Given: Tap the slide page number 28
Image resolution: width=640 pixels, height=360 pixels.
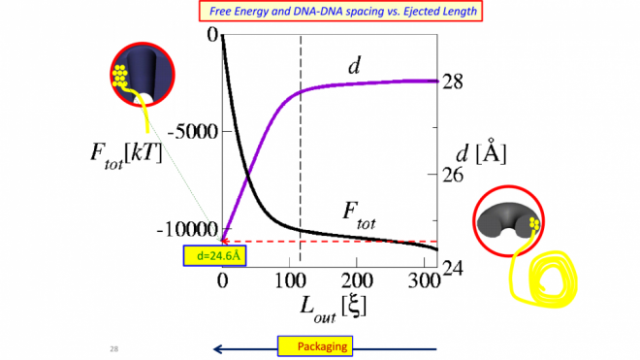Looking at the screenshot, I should click(113, 347).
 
